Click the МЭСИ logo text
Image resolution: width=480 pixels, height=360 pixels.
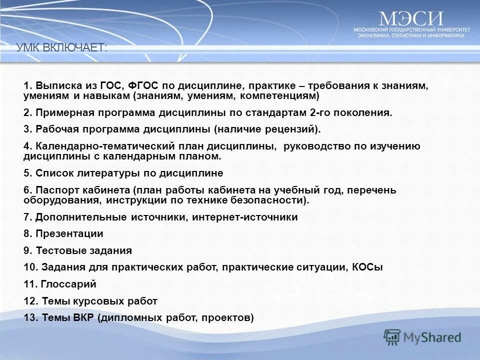click(x=411, y=18)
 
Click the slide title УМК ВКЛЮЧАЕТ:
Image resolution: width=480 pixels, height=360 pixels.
click(x=61, y=48)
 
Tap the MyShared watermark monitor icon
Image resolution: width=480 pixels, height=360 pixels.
click(x=392, y=337)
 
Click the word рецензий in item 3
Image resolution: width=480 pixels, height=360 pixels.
click(x=290, y=129)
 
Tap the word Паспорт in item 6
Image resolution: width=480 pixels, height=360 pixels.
click(x=54, y=190)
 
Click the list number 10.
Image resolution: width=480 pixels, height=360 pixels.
click(x=30, y=267)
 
